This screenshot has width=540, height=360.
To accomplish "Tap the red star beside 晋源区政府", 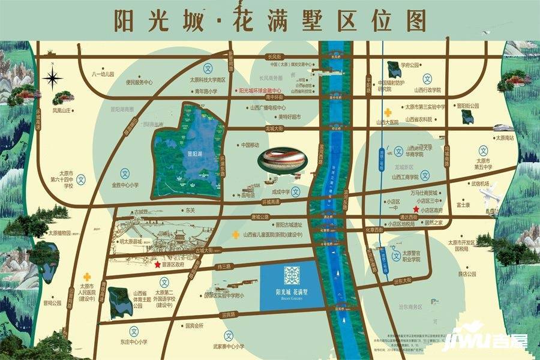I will tap(158, 265).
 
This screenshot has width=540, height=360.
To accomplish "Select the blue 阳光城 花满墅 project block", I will tap(290, 286).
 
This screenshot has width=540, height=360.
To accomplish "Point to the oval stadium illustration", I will tap(283, 160).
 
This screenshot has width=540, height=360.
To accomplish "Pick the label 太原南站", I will tap(505, 138).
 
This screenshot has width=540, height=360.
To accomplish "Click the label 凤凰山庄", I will tap(62, 110).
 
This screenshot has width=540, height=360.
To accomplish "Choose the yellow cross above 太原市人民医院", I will tap(88, 277).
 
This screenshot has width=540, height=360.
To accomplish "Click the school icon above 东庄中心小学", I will tap(134, 331).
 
